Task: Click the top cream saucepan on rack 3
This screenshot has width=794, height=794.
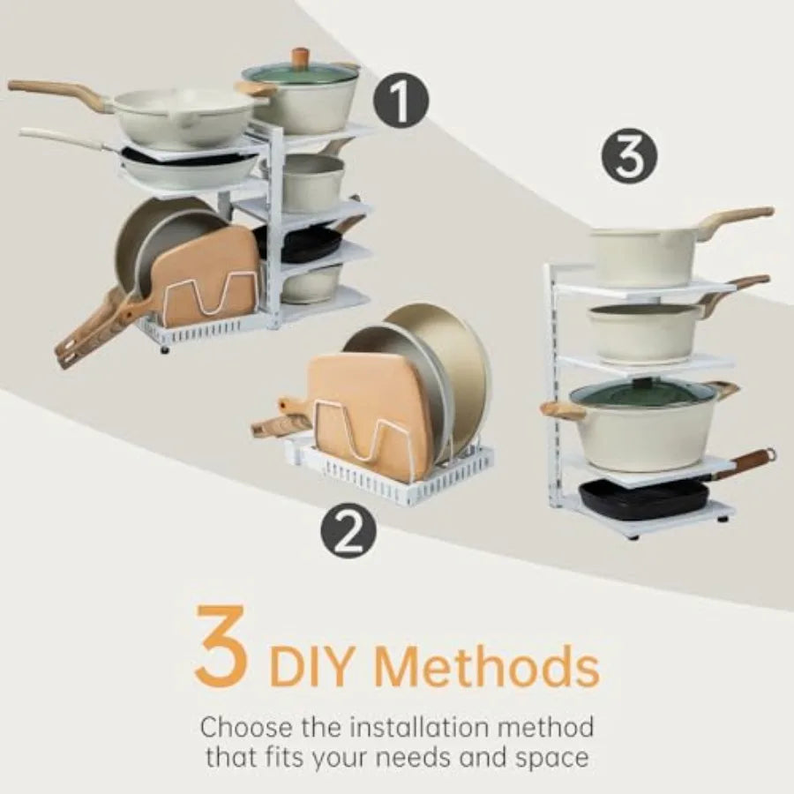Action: [644, 254]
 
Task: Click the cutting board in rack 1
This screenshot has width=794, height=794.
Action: [207, 278]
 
